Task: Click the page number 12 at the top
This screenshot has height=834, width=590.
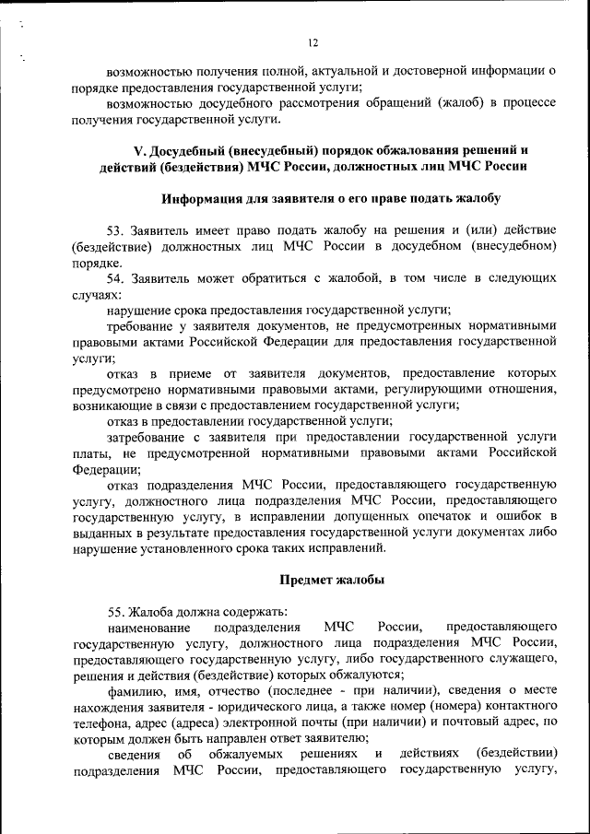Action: click(313, 41)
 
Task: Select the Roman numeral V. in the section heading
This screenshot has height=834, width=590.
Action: click(141, 150)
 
